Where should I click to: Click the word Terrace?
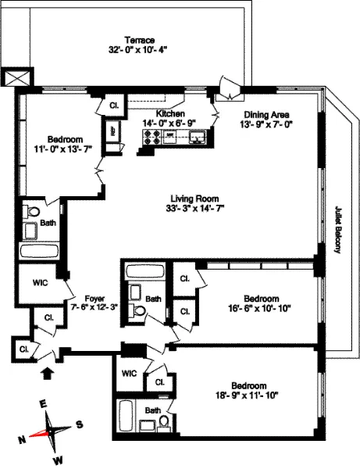(x=141, y=40)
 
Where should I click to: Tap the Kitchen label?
(x=169, y=113)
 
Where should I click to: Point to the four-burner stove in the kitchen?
(x=149, y=138)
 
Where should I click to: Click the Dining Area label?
(x=268, y=113)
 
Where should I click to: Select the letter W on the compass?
(x=56, y=461)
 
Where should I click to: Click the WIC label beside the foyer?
(x=41, y=282)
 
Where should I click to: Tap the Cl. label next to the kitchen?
(x=114, y=104)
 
